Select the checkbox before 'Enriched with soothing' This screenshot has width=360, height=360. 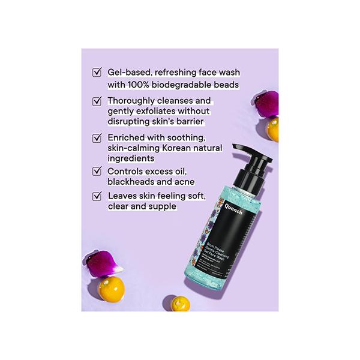(x=96, y=137)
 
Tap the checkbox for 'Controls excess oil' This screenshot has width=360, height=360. (x=96, y=171)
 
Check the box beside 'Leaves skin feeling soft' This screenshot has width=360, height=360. (x=96, y=196)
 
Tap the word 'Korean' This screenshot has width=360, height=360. (x=182, y=148)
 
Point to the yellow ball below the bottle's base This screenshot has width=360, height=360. (x=179, y=304)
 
